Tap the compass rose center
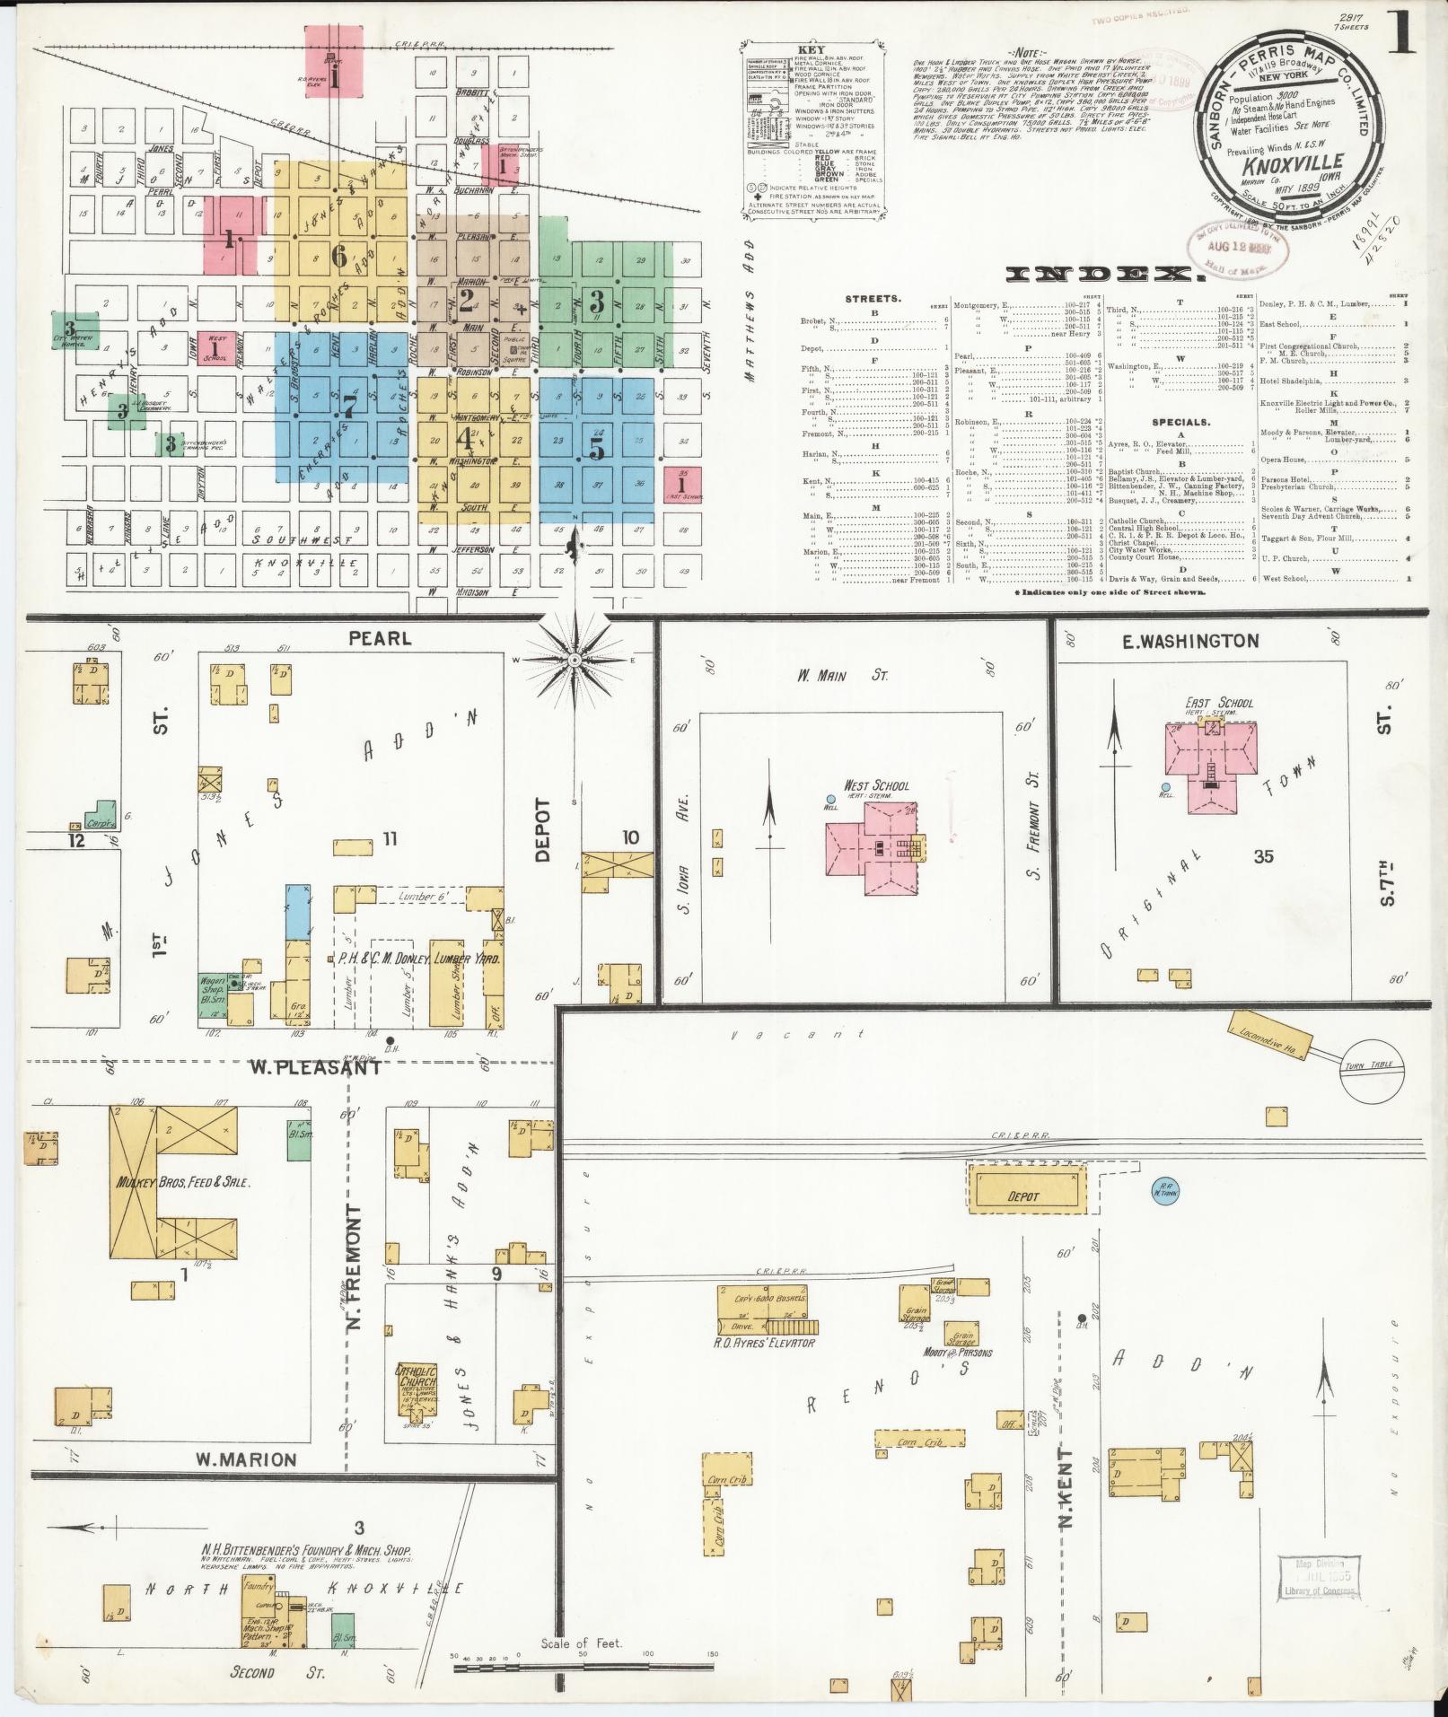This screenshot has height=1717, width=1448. pos(573,661)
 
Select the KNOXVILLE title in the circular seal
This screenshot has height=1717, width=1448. pos(1293,162)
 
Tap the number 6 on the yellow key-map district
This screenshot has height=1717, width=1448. pos(338,257)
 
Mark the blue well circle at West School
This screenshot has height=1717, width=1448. pos(830,798)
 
